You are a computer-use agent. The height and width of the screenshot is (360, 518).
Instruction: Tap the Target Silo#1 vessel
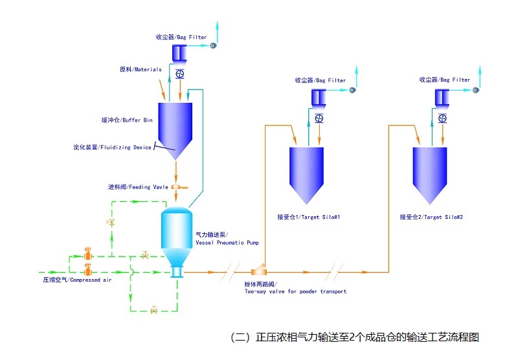(x=306, y=172)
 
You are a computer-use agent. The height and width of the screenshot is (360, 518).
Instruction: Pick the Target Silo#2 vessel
(x=430, y=172)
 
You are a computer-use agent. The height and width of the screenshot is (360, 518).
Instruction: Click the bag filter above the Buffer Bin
(x=179, y=51)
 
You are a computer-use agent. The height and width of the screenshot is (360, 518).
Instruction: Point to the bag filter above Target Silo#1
(x=319, y=97)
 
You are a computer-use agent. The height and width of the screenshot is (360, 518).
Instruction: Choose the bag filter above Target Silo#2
(x=442, y=97)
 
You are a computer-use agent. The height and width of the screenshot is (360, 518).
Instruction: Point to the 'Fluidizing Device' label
(x=112, y=148)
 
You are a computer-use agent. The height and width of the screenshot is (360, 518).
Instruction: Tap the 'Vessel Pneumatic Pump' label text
(x=227, y=239)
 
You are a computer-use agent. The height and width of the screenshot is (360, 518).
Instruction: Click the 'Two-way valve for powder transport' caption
(x=295, y=288)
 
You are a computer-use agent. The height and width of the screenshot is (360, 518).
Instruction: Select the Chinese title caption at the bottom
(x=354, y=337)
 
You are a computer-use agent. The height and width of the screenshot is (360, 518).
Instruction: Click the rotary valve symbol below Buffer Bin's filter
(x=179, y=73)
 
